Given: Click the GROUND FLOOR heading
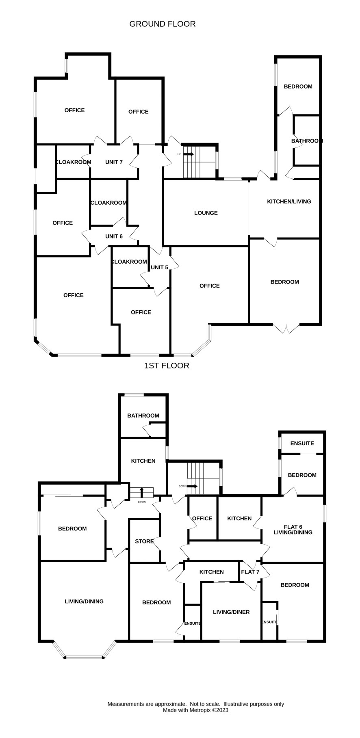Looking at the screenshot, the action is click(x=163, y=24).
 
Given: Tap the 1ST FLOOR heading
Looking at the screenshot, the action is click(x=167, y=366).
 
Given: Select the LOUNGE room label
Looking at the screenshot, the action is click(x=206, y=213).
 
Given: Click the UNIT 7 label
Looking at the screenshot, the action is click(x=114, y=162).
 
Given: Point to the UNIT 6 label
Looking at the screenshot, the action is click(x=114, y=236).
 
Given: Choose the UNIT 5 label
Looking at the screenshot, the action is click(x=159, y=267).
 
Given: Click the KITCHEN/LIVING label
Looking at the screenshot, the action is click(x=289, y=201).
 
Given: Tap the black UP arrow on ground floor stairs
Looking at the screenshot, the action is click(x=189, y=154).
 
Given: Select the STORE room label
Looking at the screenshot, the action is click(x=144, y=541).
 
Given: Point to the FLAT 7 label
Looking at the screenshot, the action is click(x=250, y=572).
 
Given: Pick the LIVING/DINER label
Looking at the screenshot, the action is click(x=231, y=612).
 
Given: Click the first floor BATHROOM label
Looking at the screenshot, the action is click(x=143, y=416).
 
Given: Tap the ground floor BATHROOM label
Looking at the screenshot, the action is click(x=307, y=141).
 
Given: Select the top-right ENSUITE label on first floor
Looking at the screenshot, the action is click(x=302, y=444).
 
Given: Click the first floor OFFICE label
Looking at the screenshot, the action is click(x=202, y=518).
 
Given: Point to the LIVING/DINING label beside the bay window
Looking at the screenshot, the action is click(x=84, y=602).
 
